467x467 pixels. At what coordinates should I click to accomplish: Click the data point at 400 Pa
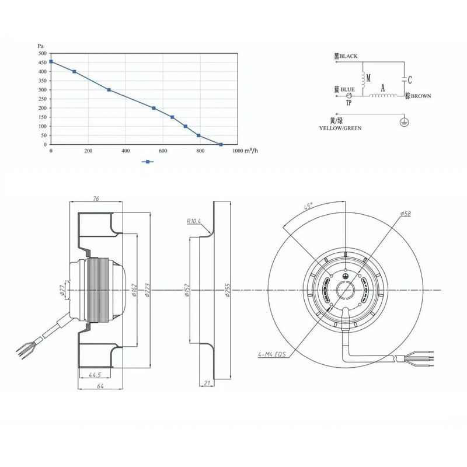click(74, 72)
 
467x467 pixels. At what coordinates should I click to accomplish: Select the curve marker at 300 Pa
click(109, 90)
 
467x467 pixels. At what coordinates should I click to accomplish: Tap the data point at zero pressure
click(221, 144)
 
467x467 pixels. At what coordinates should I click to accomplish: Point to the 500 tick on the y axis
click(41, 53)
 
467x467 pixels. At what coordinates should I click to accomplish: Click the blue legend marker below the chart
click(148, 161)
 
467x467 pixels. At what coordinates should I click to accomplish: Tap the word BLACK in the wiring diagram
click(348, 57)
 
